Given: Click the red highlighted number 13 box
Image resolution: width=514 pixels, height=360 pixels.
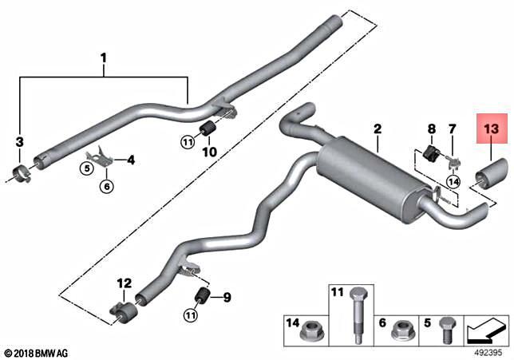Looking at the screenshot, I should [490, 127].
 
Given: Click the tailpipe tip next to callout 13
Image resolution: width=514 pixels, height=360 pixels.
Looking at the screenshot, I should [492, 171].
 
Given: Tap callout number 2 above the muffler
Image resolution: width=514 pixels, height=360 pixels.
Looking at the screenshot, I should [378, 129].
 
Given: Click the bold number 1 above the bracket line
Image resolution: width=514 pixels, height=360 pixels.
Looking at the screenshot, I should [103, 57].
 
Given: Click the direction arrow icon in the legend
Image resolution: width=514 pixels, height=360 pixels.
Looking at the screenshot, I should [486, 326].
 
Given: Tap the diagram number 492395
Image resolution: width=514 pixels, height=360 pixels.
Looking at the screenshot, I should [488, 349].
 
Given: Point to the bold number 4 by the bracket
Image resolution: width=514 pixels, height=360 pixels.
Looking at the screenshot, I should [131, 160].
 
